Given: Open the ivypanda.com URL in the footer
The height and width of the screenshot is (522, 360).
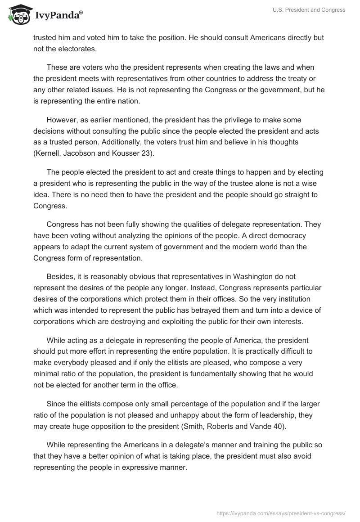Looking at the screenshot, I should click(280, 513).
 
